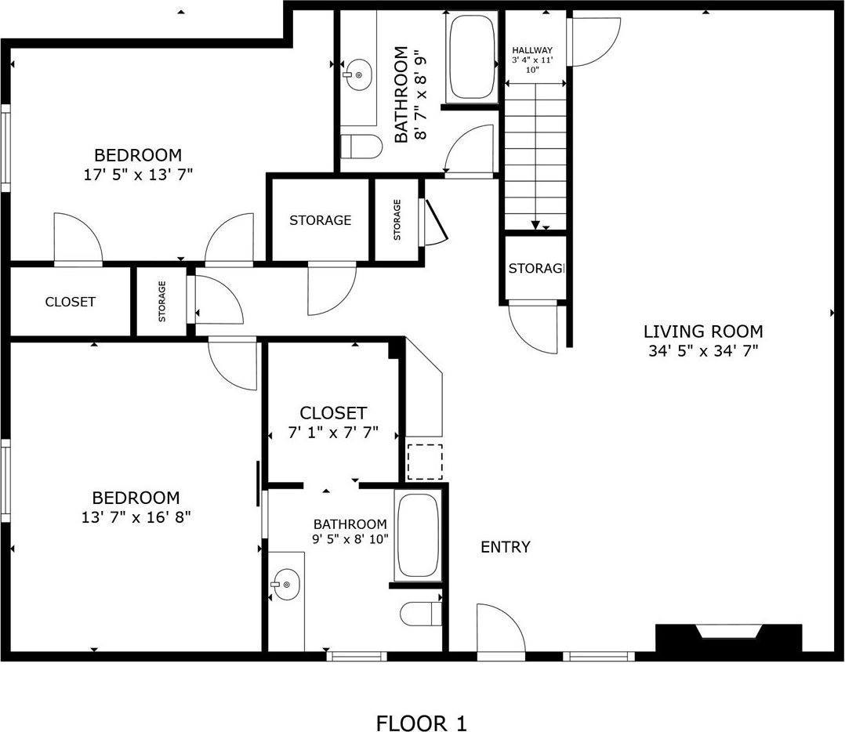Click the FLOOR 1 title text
pyautogui.click(x=421, y=723)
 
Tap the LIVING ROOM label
pyautogui.click(x=703, y=331)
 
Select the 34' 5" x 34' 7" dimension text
pyautogui.click(x=703, y=351)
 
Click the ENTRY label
pyautogui.click(x=505, y=547)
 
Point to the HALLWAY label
pyautogui.click(x=532, y=50)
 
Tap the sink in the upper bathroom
pyautogui.click(x=357, y=75)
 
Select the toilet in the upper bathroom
pyautogui.click(x=361, y=147)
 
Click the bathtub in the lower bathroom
pyautogui.click(x=418, y=535)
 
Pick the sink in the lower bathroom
pyautogui.click(x=285, y=584)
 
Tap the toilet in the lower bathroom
pyautogui.click(x=422, y=614)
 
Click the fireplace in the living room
pyautogui.click(x=729, y=638)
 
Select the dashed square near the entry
pyautogui.click(x=425, y=462)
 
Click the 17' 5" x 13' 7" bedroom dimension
pyautogui.click(x=138, y=175)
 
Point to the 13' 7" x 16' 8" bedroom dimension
pyautogui.click(x=136, y=517)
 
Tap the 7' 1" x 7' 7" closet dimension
pyautogui.click(x=333, y=433)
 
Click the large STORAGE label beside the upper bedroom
pyautogui.click(x=320, y=219)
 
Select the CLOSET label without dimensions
pyautogui.click(x=70, y=302)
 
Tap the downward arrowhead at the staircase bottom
pyautogui.click(x=535, y=225)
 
